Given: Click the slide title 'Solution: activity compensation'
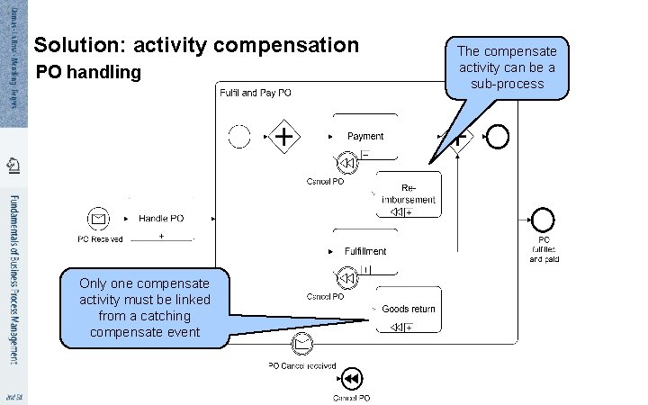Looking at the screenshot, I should [x=195, y=44].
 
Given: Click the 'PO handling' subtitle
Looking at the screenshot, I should [x=88, y=72].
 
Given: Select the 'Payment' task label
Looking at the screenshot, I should [x=365, y=136].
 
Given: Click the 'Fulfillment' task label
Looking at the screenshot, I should [x=365, y=251].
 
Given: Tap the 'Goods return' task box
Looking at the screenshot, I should [x=408, y=315].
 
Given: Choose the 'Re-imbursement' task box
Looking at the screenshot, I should [x=408, y=194].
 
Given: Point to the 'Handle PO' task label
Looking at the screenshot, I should [x=161, y=218].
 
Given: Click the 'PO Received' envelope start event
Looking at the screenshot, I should [x=99, y=218].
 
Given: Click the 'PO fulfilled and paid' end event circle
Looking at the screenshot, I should [x=543, y=219].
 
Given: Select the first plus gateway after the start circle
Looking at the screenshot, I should [x=286, y=137].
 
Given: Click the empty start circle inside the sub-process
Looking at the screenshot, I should [x=239, y=137].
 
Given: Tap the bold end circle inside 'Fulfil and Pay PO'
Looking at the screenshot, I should [x=497, y=137].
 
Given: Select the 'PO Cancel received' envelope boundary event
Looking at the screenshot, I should [x=302, y=342].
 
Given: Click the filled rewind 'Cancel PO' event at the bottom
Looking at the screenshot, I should [x=352, y=377].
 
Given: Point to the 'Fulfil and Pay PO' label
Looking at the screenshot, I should [x=255, y=93].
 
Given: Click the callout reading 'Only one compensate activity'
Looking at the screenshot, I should [x=144, y=307].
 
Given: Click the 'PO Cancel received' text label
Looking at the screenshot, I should [x=302, y=365].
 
